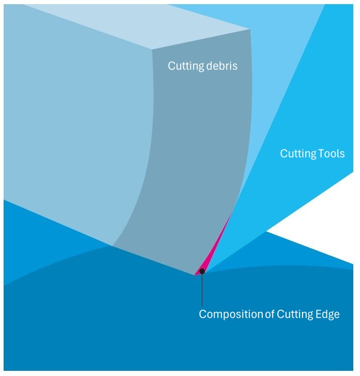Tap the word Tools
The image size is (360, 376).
coord(332,154)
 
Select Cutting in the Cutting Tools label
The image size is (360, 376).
coord(298,154)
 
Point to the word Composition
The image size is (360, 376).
coord(231,314)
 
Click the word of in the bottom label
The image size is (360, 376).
coord(269,314)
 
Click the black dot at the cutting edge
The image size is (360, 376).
coord(202,271)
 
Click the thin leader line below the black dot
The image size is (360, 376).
coord(202,290)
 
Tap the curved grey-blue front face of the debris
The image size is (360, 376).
coord(202,155)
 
